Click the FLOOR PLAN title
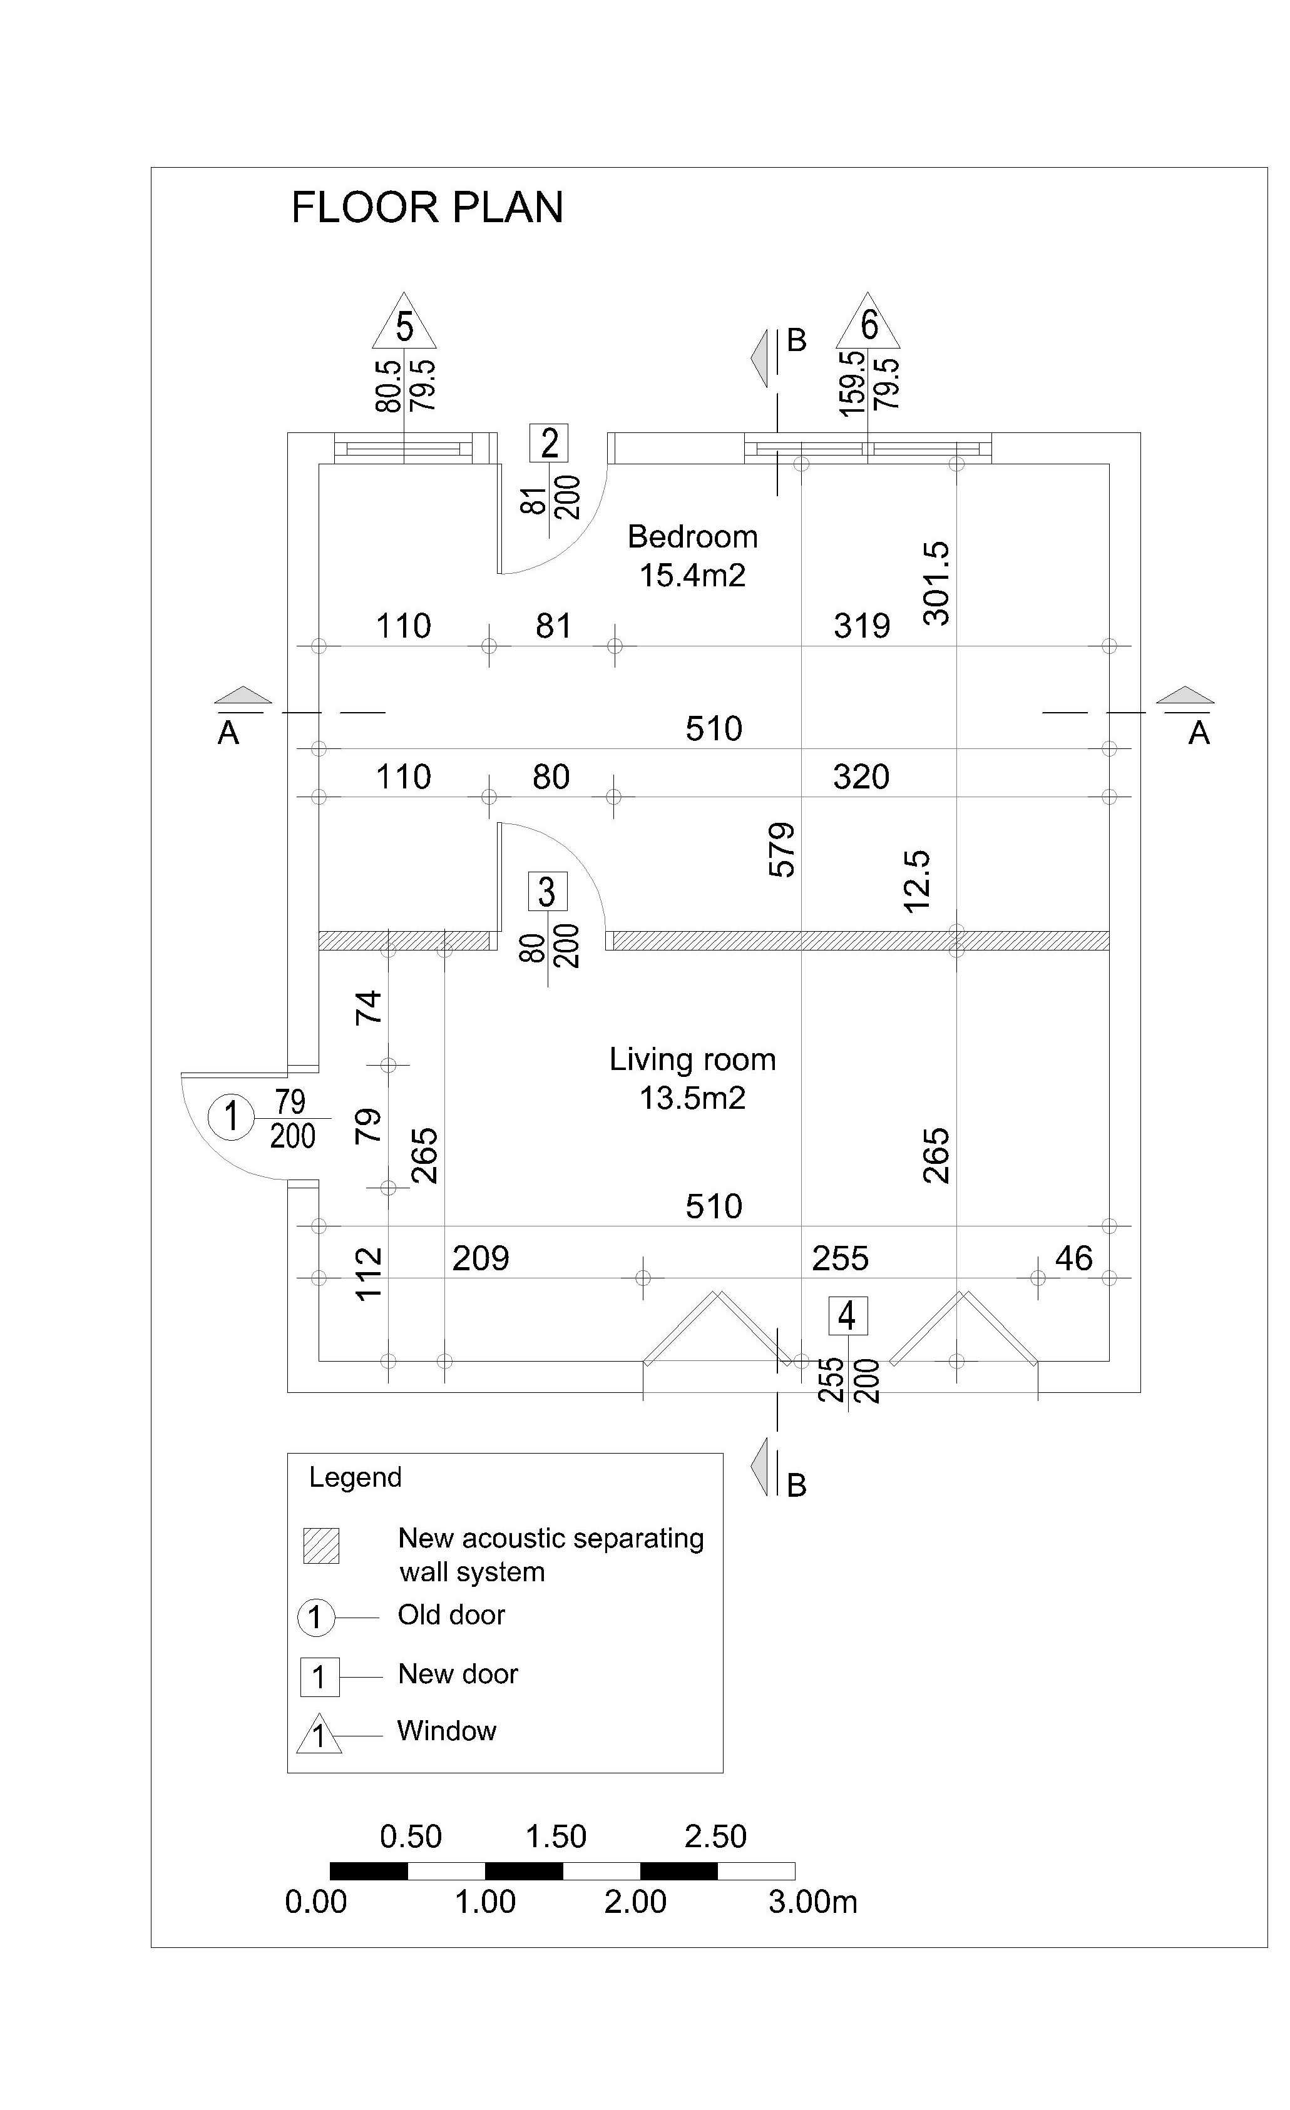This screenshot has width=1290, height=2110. tap(427, 207)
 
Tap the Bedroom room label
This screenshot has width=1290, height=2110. tap(693, 537)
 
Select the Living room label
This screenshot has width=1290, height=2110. tap(693, 1060)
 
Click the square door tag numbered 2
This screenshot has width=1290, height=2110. tap(549, 443)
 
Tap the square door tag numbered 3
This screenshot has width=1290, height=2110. tap(547, 892)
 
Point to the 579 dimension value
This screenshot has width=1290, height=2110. tap(782, 850)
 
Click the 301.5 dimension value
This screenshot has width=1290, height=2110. tap(936, 583)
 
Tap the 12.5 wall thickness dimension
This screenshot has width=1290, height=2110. tap(916, 882)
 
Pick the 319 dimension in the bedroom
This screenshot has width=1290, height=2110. tap(863, 626)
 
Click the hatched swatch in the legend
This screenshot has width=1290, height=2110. tap(321, 1546)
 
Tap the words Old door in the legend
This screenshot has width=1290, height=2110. tap(451, 1615)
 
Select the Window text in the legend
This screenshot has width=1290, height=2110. tap(447, 1731)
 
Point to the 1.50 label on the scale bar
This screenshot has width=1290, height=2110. tap(556, 1837)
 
